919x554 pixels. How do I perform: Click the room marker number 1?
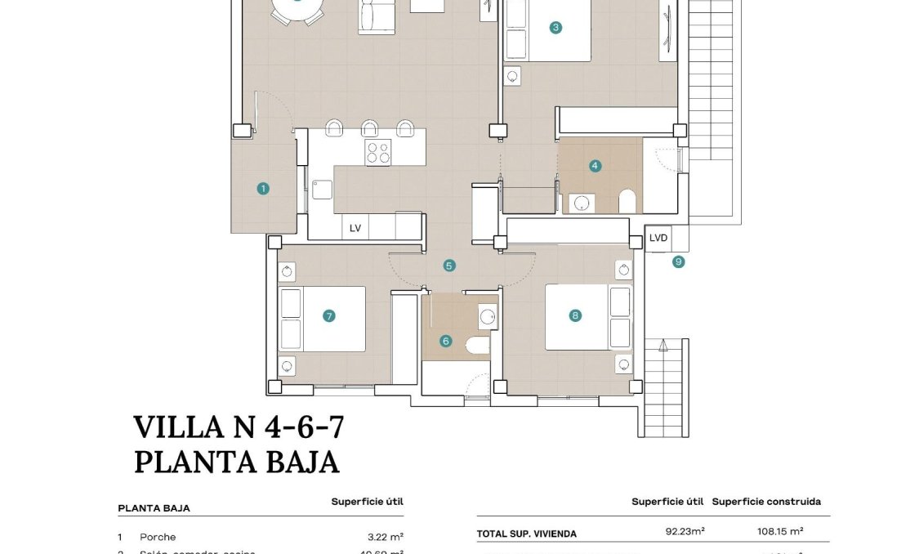tap(263, 189)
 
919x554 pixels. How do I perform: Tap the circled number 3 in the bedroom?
tap(555, 27)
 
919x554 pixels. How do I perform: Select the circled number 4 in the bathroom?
tap(595, 166)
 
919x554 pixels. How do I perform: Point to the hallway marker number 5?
tap(449, 266)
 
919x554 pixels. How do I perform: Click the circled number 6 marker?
tap(445, 341)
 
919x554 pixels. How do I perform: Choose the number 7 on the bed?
tap(328, 315)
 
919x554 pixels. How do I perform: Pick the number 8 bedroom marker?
tap(575, 315)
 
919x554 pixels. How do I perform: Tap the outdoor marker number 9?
tap(678, 262)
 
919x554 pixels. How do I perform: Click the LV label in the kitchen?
tap(355, 228)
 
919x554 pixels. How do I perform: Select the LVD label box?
tap(658, 239)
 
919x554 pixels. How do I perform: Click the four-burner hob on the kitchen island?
tap(378, 153)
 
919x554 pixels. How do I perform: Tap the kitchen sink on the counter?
tap(322, 189)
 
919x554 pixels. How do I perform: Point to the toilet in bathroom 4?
tap(628, 201)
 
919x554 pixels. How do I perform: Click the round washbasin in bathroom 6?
tap(488, 316)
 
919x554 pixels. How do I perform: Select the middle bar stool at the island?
tap(370, 128)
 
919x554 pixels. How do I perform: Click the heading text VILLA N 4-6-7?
tap(233, 427)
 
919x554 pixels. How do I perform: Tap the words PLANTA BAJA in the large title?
tap(236, 462)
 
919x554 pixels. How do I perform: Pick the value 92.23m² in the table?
tap(685, 533)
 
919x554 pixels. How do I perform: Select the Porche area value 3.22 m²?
tap(386, 537)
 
